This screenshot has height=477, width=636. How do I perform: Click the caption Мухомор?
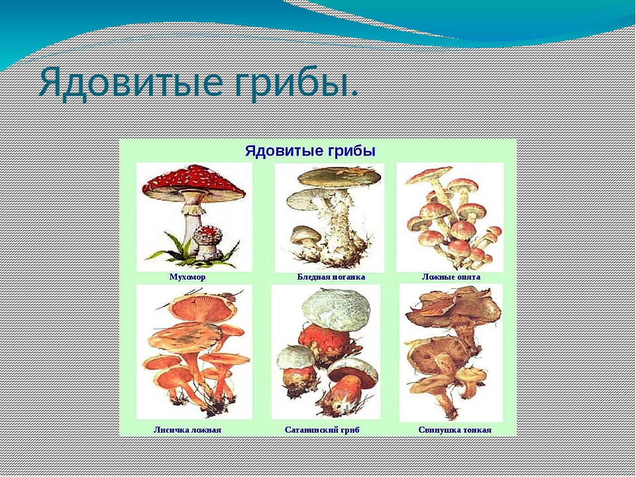point(187,277)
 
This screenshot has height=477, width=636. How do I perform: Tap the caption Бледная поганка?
point(331,277)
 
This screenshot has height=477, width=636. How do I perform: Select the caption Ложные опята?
point(451,277)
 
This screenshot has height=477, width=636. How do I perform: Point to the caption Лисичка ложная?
point(187,429)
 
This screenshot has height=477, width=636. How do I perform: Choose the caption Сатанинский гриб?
point(322,429)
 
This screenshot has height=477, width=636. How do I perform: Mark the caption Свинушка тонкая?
point(454,429)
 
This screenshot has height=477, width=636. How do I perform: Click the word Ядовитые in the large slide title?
point(131,83)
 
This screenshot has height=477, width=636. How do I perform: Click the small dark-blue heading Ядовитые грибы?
point(310,151)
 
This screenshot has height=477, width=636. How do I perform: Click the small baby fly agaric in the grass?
point(208,242)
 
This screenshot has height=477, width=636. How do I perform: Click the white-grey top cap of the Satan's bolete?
point(336,309)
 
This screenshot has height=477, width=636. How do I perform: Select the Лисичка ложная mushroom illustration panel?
point(194,351)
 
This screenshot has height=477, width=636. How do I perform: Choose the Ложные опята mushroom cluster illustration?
point(451,217)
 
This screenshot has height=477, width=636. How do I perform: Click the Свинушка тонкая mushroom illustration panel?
point(451,352)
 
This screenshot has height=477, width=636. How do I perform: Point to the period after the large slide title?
point(354,95)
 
